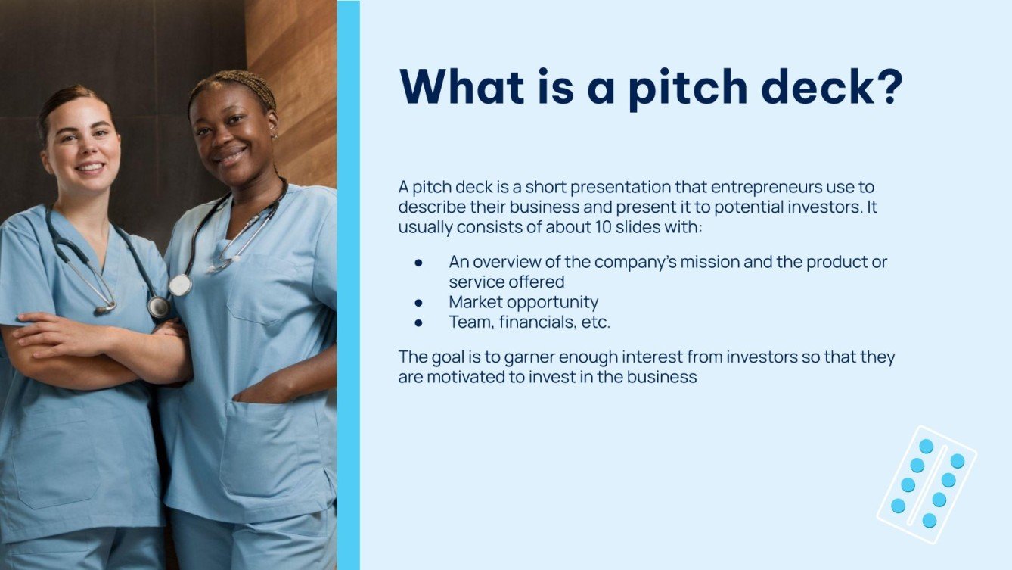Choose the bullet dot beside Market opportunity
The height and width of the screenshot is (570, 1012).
coord(418,302)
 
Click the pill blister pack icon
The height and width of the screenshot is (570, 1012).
coord(927,484)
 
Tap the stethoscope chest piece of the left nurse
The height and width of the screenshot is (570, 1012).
coord(158,307)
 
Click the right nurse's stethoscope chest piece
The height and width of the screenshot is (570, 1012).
coord(180,285)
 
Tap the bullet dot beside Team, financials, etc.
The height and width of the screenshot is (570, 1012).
coord(418,322)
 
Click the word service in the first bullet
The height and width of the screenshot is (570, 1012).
coord(474,282)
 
